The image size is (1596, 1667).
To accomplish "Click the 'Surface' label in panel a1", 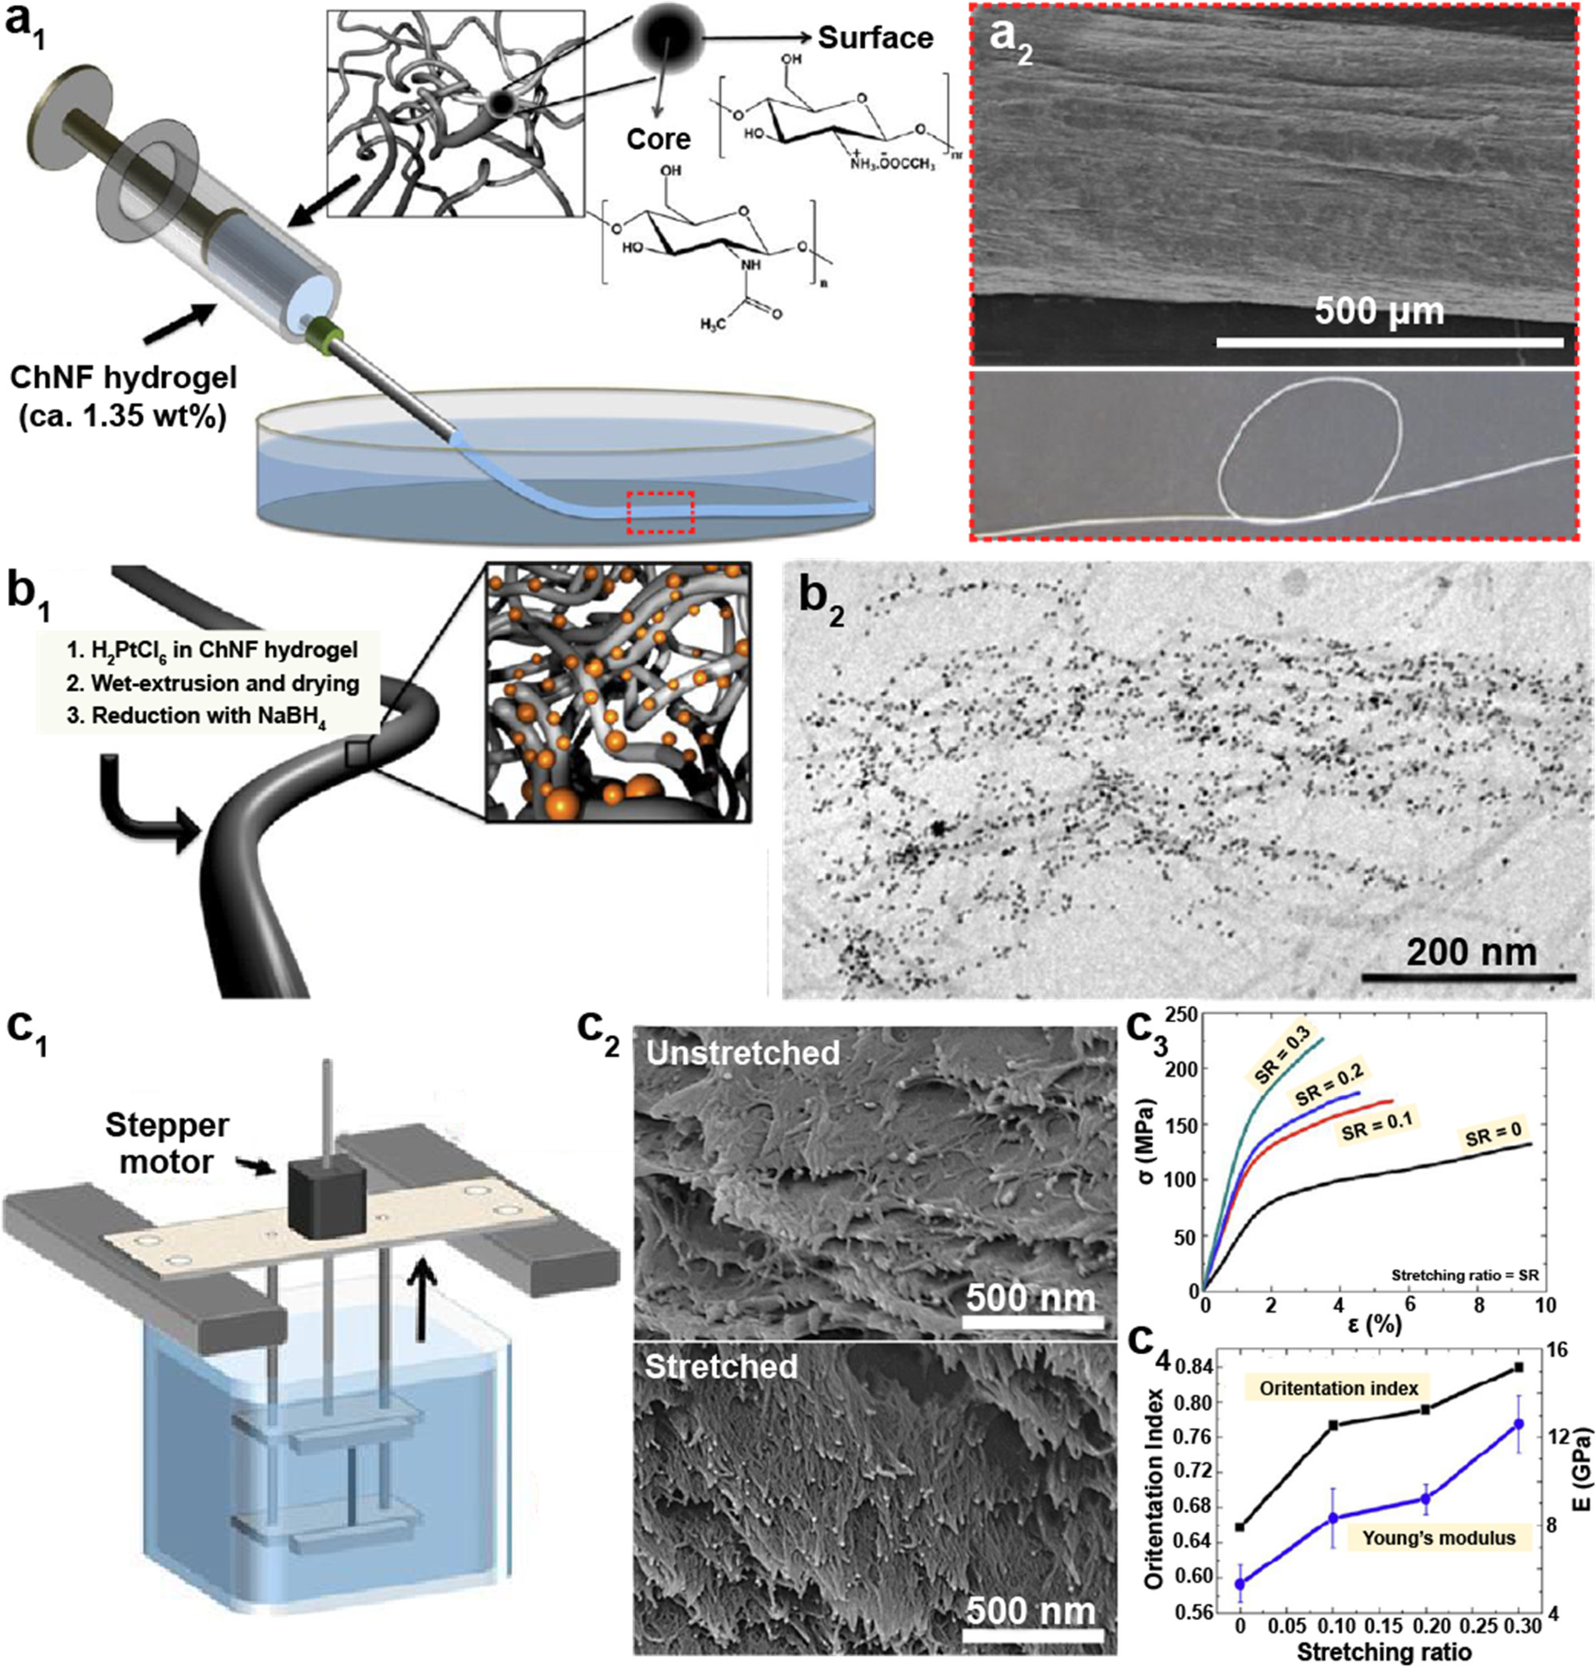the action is (875, 38).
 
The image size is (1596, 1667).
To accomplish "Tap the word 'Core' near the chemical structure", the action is (659, 139).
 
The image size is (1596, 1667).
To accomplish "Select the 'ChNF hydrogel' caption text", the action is (124, 377).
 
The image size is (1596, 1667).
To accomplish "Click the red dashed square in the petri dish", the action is (660, 512).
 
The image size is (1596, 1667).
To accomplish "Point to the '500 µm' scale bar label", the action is (1379, 311).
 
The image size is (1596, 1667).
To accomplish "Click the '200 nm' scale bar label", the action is (1471, 951).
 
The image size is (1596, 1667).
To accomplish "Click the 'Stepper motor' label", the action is (167, 1142).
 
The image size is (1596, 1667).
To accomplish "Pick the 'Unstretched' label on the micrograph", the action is (743, 1053).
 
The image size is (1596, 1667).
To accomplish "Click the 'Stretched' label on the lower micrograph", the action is (721, 1367).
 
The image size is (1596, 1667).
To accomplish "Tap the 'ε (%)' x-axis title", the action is (1368, 1324).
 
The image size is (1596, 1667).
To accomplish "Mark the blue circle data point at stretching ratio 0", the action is (1239, 1560).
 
